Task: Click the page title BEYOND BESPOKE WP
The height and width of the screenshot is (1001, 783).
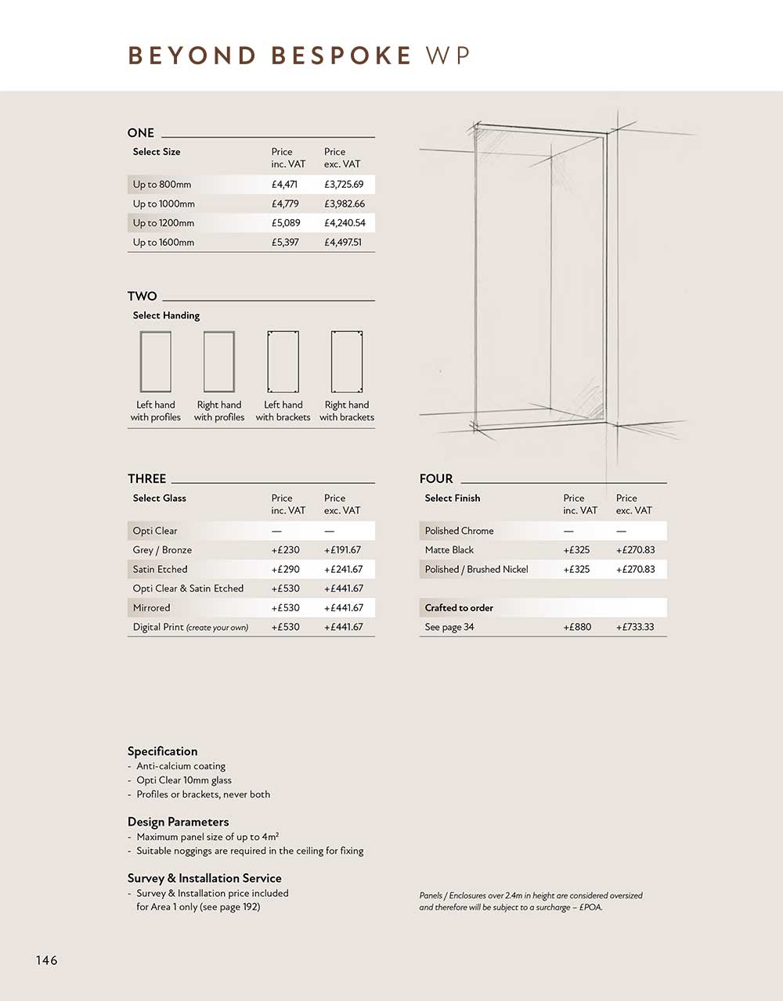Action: (x=298, y=56)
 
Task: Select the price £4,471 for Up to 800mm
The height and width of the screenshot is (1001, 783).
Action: (x=284, y=185)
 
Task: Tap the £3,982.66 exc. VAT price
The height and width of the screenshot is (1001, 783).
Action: (x=344, y=203)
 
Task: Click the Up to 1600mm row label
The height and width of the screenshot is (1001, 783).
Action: (x=164, y=243)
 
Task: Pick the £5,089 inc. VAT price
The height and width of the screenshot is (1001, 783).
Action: (x=286, y=223)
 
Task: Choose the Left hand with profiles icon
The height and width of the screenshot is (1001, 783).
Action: (x=156, y=362)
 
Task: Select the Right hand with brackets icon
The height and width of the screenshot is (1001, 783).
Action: (x=347, y=362)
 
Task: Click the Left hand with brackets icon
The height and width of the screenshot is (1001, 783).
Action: (x=283, y=362)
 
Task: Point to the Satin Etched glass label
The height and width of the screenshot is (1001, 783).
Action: (x=161, y=570)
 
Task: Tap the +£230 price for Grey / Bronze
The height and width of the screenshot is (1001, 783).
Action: (x=286, y=550)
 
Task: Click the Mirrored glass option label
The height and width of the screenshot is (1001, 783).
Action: (x=152, y=608)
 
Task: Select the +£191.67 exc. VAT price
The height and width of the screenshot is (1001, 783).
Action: (x=342, y=550)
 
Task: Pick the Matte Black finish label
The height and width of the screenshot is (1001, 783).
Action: (x=449, y=550)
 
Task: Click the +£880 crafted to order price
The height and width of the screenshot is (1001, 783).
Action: (x=577, y=628)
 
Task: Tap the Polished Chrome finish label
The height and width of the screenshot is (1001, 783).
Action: (x=459, y=531)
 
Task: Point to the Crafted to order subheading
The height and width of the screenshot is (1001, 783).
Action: (x=459, y=608)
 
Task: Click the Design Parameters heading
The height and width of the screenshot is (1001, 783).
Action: (x=179, y=822)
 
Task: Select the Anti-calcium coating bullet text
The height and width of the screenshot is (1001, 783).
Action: (x=181, y=766)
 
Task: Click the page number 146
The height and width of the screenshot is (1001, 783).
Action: (x=47, y=960)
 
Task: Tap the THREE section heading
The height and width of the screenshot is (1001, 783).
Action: (x=147, y=479)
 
